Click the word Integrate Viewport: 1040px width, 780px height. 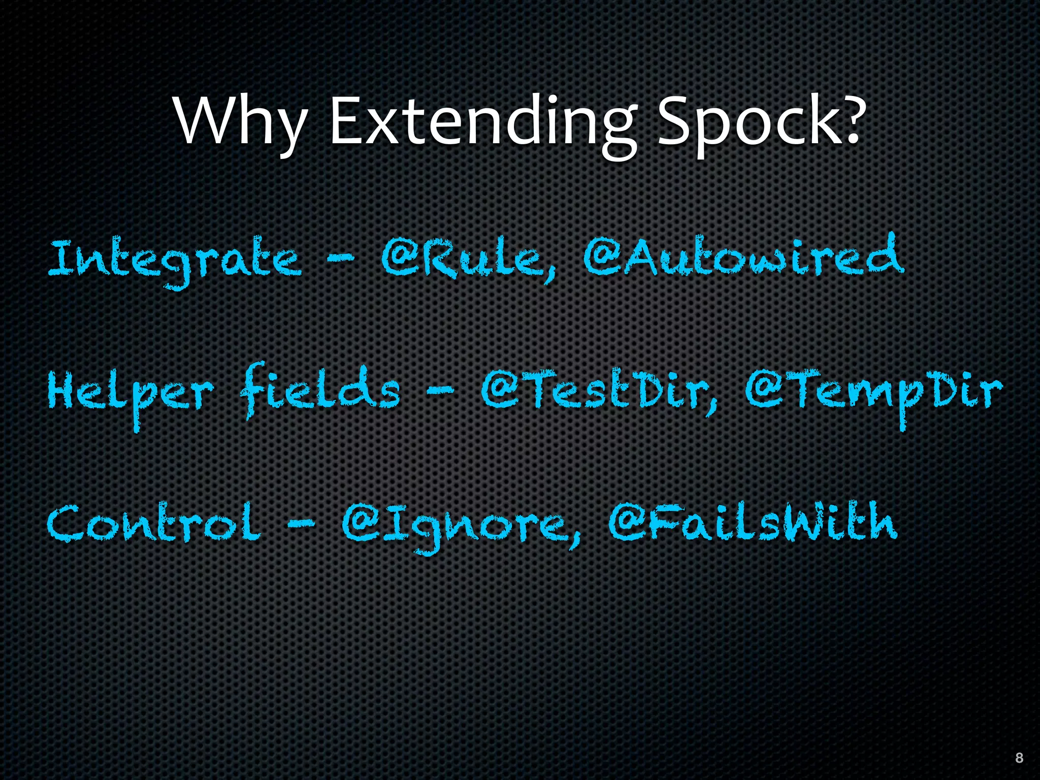[x=175, y=260]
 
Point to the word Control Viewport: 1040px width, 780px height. [x=154, y=523]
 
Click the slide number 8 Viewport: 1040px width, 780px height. [x=1019, y=758]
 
